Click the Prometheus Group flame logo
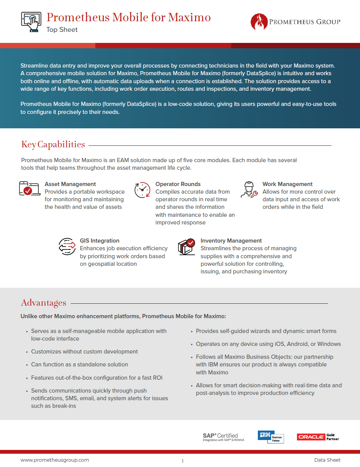(259, 22)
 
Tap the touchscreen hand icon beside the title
(31, 21)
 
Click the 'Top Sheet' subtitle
(62, 30)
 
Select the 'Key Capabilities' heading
(53, 144)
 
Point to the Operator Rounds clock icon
(142, 189)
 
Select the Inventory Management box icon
(186, 246)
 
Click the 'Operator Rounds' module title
(178, 184)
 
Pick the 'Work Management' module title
(287, 184)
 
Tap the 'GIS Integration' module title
(99, 241)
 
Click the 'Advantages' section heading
(44, 303)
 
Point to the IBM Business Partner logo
(270, 437)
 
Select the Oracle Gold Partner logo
(318, 437)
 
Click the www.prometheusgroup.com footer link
(55, 460)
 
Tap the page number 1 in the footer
(182, 461)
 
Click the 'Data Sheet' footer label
(327, 460)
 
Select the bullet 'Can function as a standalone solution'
(79, 364)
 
